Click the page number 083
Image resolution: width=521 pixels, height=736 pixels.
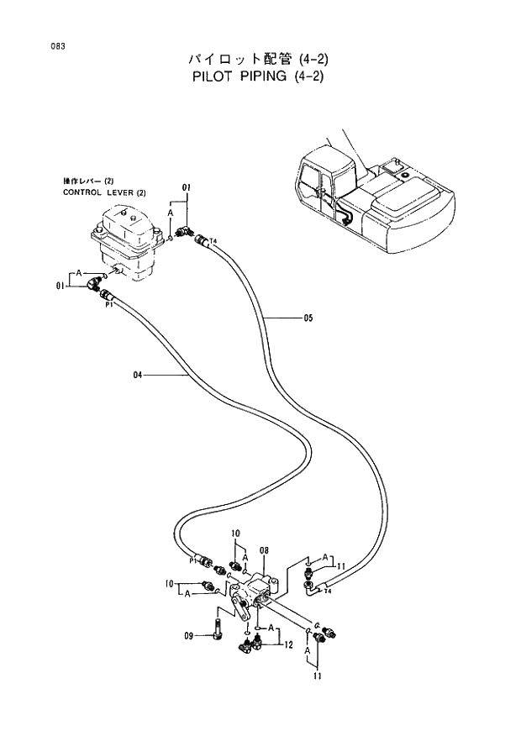(x=56, y=46)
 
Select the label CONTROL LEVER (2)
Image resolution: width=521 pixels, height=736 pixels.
(x=104, y=192)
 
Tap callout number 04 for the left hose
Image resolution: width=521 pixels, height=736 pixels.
(x=138, y=375)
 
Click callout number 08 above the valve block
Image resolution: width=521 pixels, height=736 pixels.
(x=264, y=551)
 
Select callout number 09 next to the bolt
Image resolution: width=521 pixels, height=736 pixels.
(x=189, y=635)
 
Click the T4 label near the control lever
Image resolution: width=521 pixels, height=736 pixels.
(x=213, y=241)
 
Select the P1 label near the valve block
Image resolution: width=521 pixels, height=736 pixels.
(x=193, y=560)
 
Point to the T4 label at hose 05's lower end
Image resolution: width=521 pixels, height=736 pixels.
(x=329, y=591)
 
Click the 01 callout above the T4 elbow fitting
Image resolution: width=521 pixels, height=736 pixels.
(x=186, y=186)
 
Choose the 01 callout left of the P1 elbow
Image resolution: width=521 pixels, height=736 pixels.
(x=61, y=286)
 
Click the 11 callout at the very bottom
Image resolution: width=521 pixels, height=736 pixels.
(x=318, y=676)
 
